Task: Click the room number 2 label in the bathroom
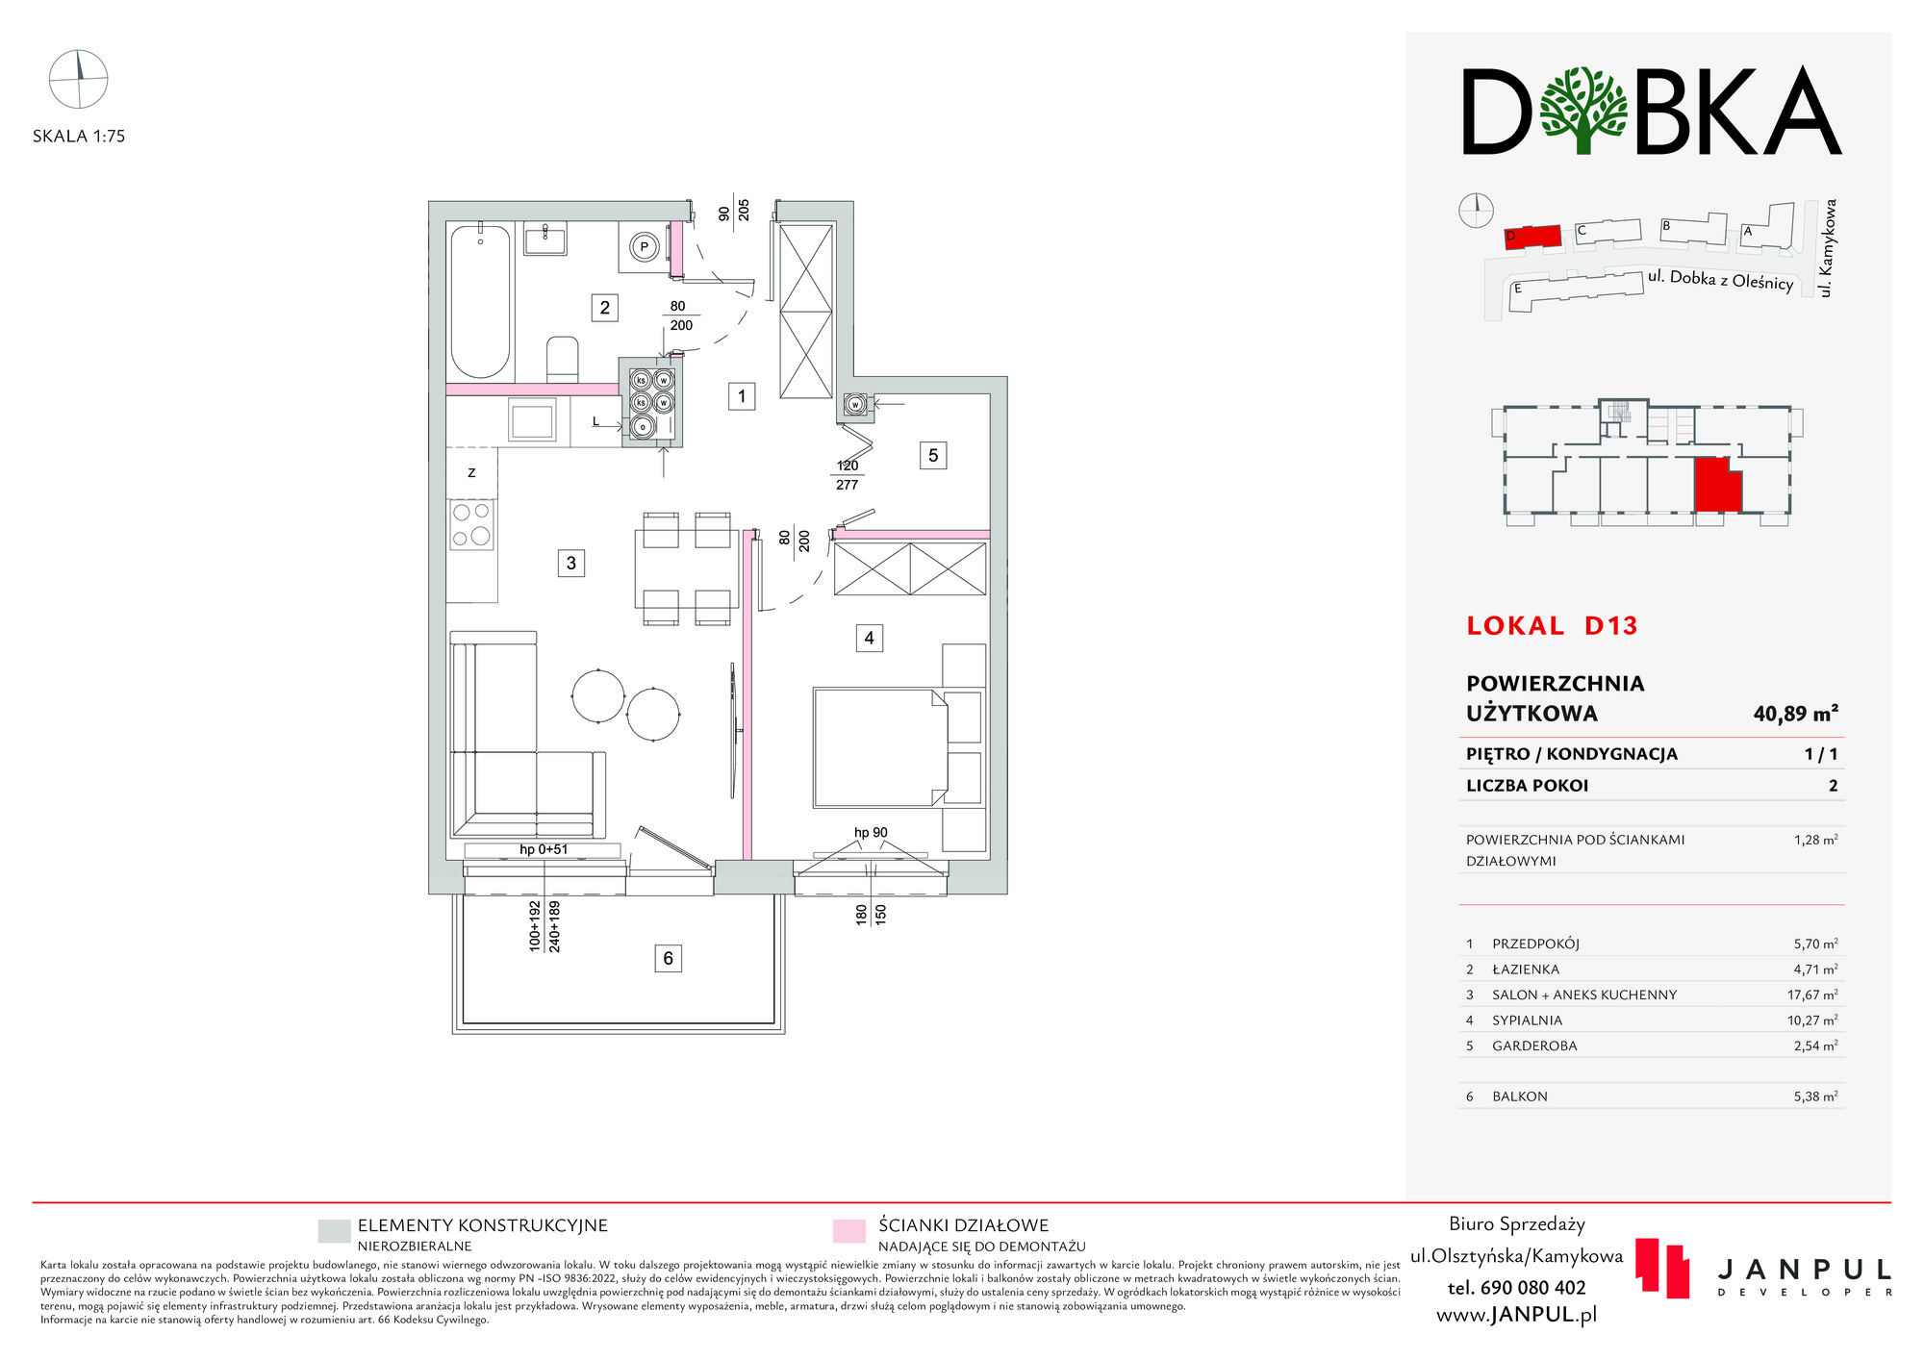(x=604, y=308)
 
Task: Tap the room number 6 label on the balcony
(x=668, y=958)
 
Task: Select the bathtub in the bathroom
(x=480, y=301)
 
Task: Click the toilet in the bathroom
(x=562, y=359)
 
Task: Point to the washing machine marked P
(x=644, y=247)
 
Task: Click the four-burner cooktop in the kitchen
(x=471, y=524)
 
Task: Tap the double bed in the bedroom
(x=880, y=747)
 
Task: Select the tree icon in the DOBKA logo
(x=1582, y=110)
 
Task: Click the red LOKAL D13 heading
(x=1552, y=626)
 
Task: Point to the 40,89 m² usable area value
(x=1795, y=714)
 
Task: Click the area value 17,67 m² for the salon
(x=1812, y=995)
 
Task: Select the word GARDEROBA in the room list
(x=1534, y=1045)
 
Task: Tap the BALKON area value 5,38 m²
(x=1815, y=1096)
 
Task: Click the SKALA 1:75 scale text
(x=79, y=137)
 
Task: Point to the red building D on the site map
(x=1532, y=238)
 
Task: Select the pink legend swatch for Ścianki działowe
(x=848, y=1231)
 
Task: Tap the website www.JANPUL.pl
(x=1516, y=1315)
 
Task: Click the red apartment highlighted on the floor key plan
(x=1717, y=486)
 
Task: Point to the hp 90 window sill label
(x=871, y=833)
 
